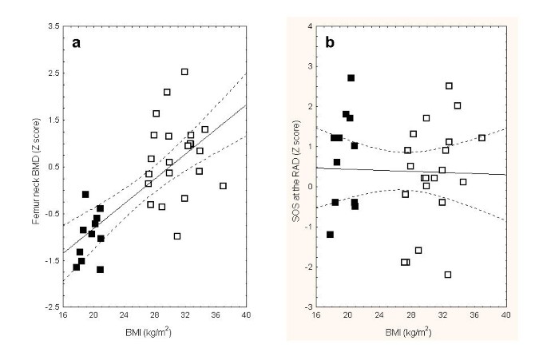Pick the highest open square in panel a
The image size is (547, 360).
[x=184, y=72]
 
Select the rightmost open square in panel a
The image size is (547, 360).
[x=223, y=186]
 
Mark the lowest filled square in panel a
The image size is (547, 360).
[x=101, y=270]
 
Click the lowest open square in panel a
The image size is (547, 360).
[x=177, y=235]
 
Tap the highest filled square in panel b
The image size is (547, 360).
[x=351, y=78]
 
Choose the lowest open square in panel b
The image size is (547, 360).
[x=448, y=275]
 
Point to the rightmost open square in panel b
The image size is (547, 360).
[x=482, y=138]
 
